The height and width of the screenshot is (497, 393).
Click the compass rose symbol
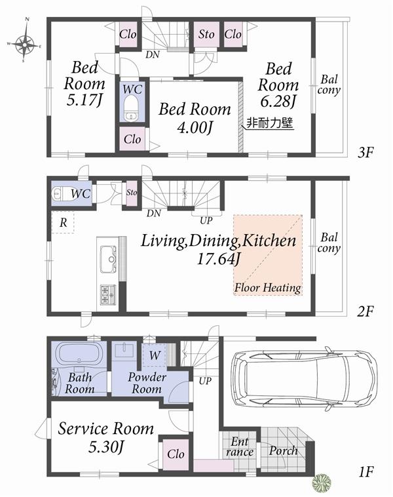pyautogui.click(x=24, y=44)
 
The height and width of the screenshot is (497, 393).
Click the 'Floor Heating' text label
pyautogui.click(x=267, y=288)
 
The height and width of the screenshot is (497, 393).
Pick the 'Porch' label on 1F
pyautogui.click(x=283, y=451)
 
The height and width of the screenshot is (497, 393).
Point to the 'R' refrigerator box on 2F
pyautogui.click(x=63, y=223)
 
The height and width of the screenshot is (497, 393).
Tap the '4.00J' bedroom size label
pyautogui.click(x=195, y=127)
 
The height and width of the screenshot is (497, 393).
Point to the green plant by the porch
pyautogui.click(x=322, y=483)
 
